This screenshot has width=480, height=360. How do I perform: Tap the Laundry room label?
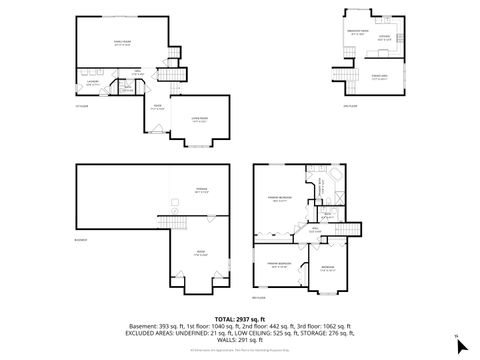click(x=91, y=83)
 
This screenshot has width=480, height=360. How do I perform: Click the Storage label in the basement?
click(x=200, y=190)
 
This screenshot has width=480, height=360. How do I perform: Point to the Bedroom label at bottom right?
click(x=328, y=268)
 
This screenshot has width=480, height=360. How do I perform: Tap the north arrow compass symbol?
click(x=460, y=346)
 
